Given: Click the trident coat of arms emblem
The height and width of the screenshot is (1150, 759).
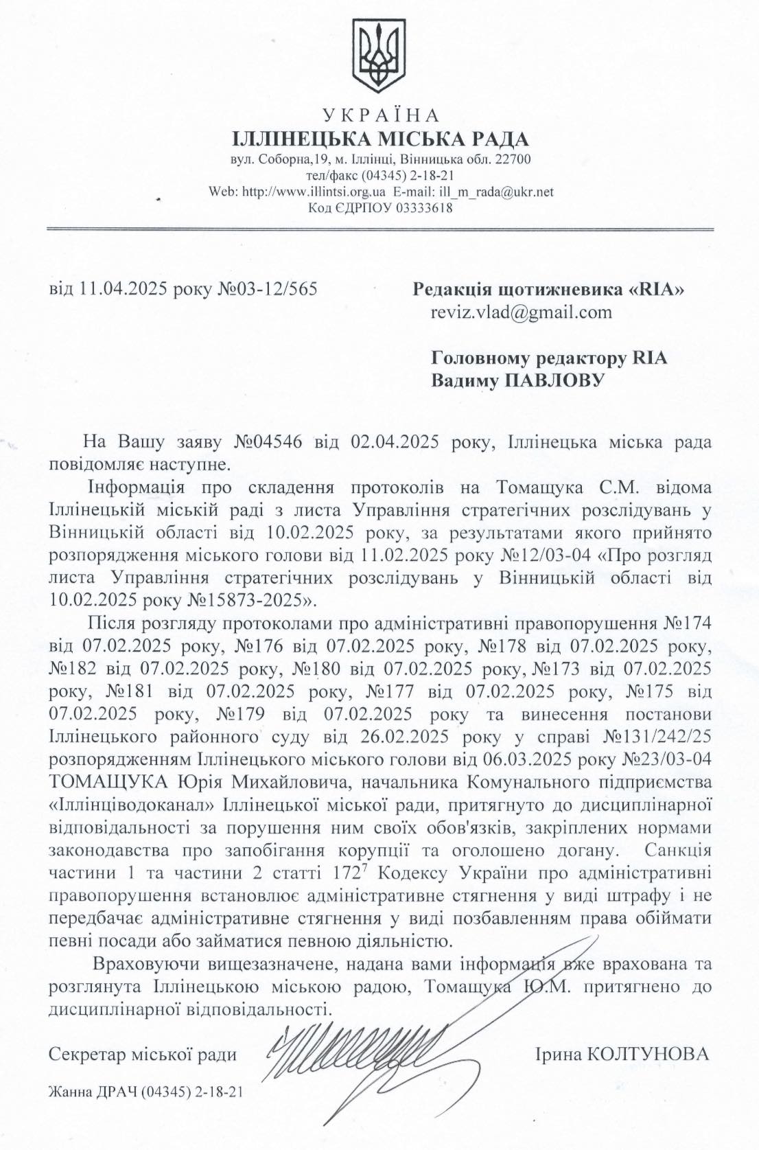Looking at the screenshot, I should click(379, 57).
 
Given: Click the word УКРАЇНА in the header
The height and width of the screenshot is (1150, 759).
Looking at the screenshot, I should click(379, 115).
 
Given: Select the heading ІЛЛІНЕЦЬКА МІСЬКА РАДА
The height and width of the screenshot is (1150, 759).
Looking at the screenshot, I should click(379, 139).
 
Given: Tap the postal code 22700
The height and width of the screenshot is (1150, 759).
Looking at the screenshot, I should click(513, 160).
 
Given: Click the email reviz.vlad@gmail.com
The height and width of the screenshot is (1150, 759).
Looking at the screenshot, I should click(521, 312).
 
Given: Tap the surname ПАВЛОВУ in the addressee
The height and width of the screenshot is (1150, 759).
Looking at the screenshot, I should click(554, 379).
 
